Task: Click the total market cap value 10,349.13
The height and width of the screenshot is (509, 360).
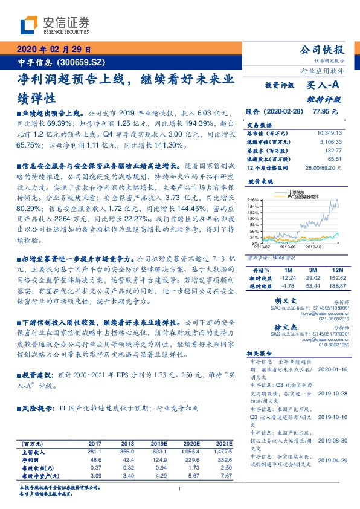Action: click(329, 132)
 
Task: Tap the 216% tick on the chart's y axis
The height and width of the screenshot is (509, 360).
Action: click(253, 200)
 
